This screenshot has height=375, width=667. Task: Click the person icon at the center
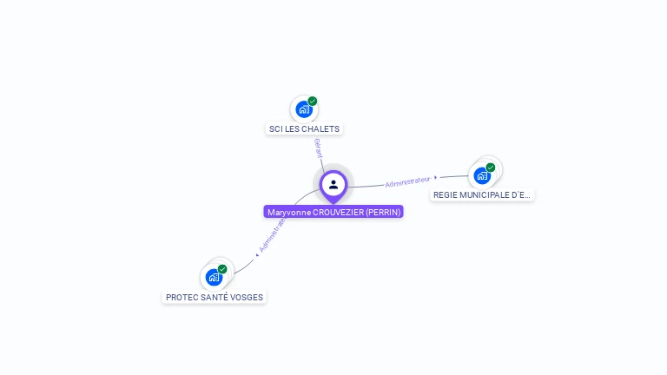point(333,184)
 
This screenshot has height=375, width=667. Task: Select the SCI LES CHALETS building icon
point(303,109)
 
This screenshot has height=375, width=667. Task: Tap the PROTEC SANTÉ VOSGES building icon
point(214,278)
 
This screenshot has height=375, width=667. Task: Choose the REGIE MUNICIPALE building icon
point(482,175)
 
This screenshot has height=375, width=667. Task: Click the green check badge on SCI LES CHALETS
point(313,101)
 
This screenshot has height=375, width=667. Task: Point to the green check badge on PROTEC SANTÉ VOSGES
point(222,269)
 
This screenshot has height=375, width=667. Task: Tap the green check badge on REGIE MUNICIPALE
point(491,167)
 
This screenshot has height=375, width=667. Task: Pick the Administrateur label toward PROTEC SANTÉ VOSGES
point(272,234)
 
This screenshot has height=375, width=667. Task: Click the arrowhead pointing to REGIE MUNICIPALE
point(436,178)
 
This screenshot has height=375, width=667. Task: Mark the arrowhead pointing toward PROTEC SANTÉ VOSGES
point(257,253)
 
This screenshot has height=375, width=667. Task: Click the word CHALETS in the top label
point(323,129)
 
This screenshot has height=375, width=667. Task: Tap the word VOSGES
point(246,298)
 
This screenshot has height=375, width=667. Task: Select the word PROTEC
point(180,298)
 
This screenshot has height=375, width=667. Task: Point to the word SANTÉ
point(212,298)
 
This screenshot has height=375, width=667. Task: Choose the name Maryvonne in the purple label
point(287,213)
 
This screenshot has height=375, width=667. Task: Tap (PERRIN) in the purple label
point(383,213)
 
